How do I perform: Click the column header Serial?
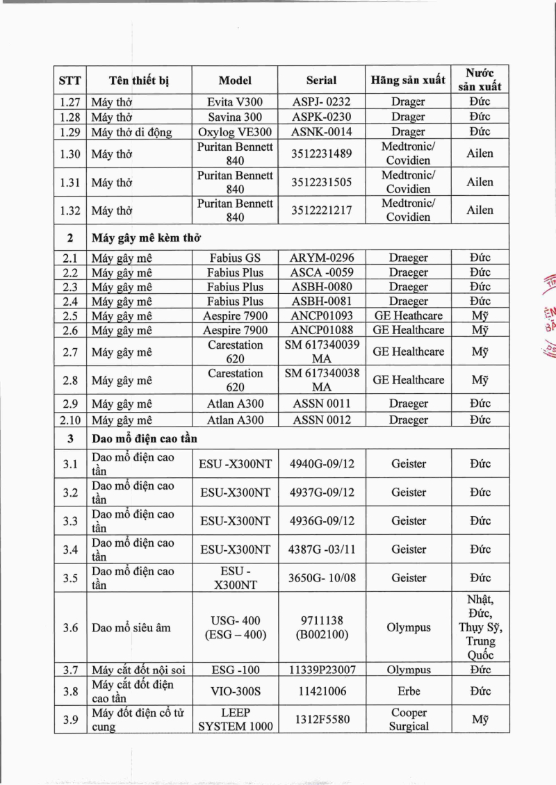(x=321, y=80)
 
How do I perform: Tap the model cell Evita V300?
(x=235, y=101)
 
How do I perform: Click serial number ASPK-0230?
(x=321, y=117)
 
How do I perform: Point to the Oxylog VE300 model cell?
(x=235, y=131)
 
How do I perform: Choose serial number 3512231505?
(x=321, y=182)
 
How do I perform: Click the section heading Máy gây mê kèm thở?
(x=146, y=238)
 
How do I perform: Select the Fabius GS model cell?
(x=235, y=258)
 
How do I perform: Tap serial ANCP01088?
(x=321, y=330)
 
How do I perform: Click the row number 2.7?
(x=69, y=352)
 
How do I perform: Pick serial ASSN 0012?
(x=321, y=420)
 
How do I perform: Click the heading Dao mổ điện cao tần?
(x=144, y=438)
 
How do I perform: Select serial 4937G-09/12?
(x=321, y=493)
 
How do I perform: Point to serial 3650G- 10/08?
(x=321, y=577)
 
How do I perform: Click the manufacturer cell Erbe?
(x=408, y=691)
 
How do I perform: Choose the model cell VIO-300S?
(x=235, y=691)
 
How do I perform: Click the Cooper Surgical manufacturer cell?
(x=408, y=720)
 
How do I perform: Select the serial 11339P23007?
(x=321, y=670)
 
